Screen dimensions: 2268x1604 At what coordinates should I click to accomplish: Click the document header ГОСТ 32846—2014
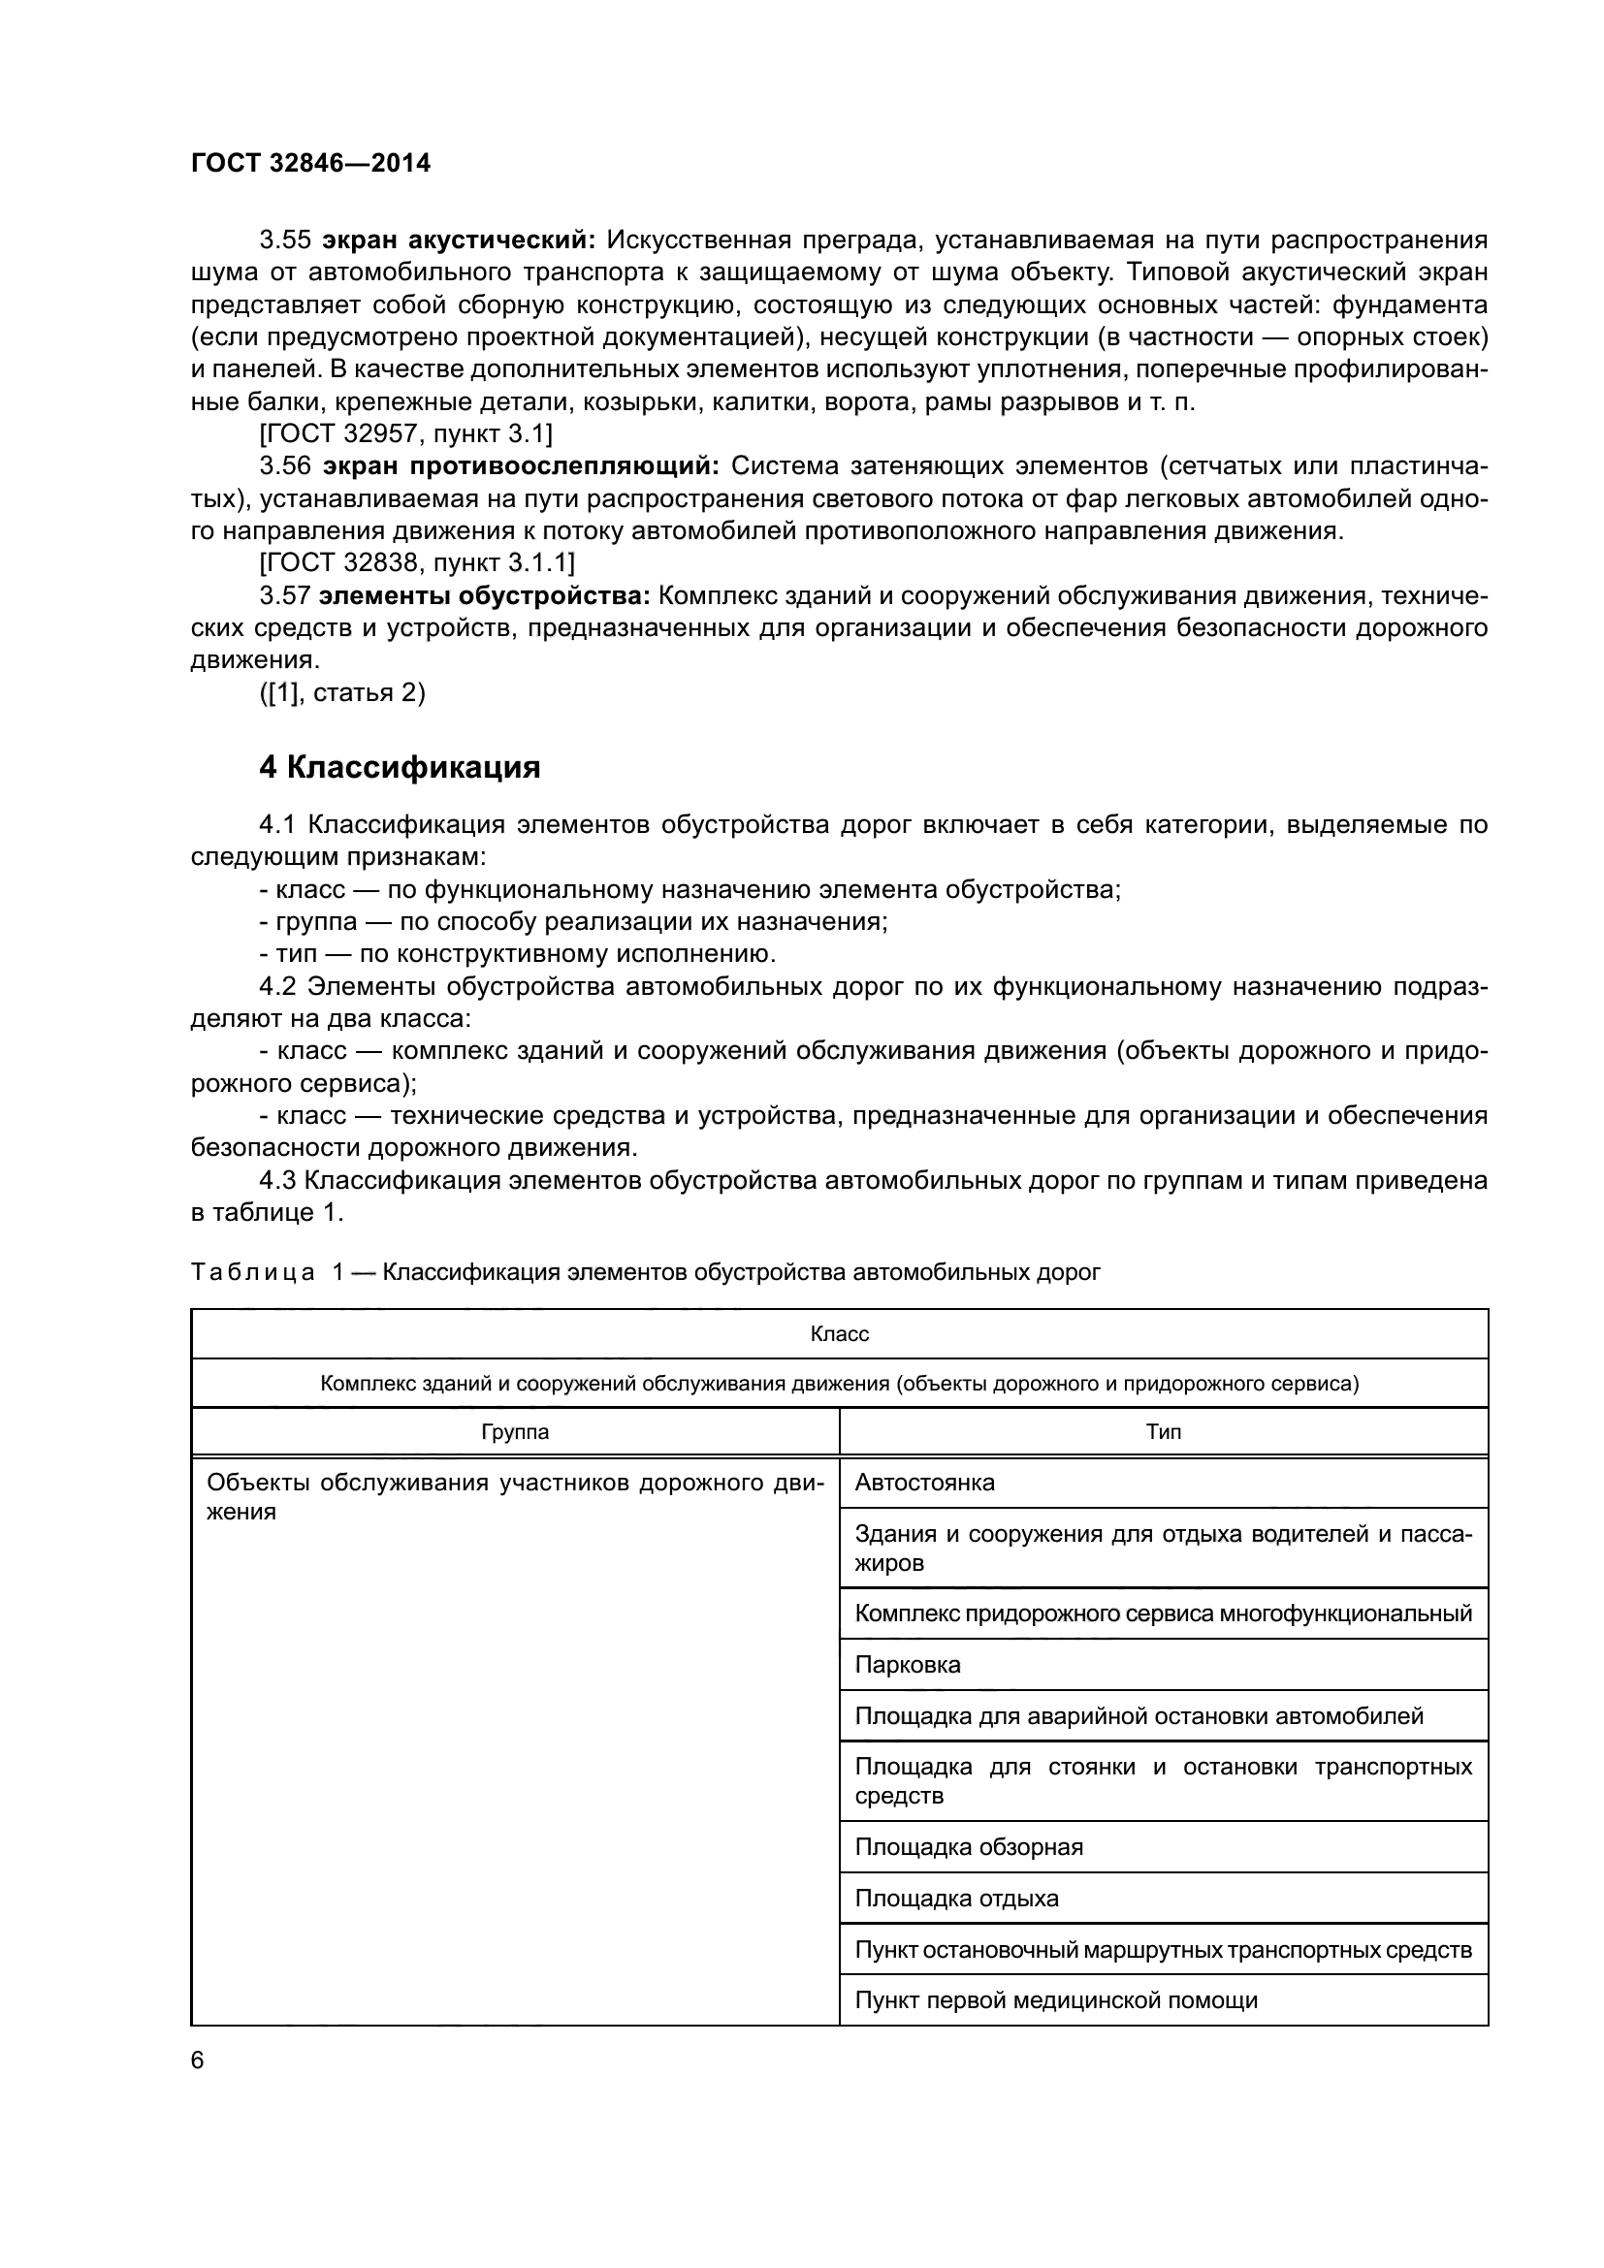(x=310, y=163)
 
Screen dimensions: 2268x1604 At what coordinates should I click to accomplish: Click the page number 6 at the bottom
(x=198, y=2060)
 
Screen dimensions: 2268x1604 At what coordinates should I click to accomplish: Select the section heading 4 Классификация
(x=399, y=768)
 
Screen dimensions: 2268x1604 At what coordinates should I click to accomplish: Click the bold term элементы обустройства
(x=484, y=595)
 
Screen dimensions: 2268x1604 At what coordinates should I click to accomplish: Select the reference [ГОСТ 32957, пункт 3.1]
(x=405, y=433)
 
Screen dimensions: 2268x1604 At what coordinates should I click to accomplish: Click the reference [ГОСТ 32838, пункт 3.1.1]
(x=416, y=563)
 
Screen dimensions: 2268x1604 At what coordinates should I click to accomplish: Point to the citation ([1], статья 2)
(x=341, y=693)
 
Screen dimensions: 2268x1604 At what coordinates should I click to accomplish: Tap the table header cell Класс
(x=839, y=1334)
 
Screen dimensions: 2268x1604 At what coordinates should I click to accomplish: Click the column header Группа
(x=515, y=1432)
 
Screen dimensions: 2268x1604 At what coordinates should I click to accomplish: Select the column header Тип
(x=1163, y=1432)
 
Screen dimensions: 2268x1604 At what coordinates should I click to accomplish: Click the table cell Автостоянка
(x=924, y=1483)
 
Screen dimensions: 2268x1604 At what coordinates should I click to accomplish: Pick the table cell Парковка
(x=907, y=1666)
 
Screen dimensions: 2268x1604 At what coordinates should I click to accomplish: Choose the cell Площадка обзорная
(x=968, y=1847)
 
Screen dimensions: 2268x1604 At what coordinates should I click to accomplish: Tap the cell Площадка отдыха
(x=956, y=1899)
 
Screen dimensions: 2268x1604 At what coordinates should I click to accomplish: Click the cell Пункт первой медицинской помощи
(x=1056, y=2001)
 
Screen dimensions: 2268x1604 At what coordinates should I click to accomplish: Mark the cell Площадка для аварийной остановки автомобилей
(x=1139, y=1716)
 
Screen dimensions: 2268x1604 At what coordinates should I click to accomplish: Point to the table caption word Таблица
(x=253, y=1272)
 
